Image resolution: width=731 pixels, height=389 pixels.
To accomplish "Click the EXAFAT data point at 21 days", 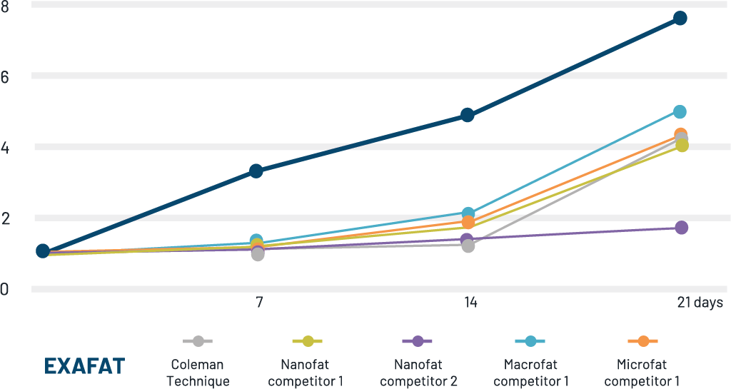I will click(680, 18).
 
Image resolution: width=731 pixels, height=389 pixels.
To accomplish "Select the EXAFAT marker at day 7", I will click(256, 171).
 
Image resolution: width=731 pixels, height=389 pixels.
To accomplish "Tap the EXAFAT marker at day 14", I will click(468, 115).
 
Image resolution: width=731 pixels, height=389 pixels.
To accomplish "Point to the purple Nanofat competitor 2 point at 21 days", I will click(681, 227).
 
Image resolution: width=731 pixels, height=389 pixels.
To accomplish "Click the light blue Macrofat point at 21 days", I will click(680, 111).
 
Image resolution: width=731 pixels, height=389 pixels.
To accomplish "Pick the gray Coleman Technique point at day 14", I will click(468, 246).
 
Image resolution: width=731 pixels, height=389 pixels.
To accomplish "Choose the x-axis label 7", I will click(258, 303).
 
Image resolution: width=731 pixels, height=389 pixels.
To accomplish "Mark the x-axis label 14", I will click(469, 303).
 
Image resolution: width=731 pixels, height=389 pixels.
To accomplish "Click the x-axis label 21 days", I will click(700, 303).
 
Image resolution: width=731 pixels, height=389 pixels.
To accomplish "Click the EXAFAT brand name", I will click(84, 366).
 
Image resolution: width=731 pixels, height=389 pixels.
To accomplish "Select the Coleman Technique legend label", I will click(198, 373).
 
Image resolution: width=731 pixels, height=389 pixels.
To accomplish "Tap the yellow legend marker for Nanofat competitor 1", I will click(308, 342).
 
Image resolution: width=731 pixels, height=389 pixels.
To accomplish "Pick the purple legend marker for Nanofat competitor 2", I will click(418, 342).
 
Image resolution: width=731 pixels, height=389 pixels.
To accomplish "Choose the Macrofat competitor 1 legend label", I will click(530, 373).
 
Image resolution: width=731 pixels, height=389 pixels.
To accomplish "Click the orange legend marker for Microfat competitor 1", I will click(642, 342).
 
